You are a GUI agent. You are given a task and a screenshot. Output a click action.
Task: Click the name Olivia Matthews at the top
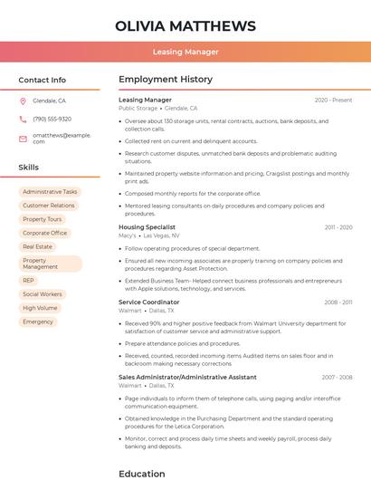click(185, 26)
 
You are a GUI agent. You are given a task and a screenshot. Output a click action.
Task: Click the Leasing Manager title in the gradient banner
click(185, 52)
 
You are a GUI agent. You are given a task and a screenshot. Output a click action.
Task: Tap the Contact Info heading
click(42, 80)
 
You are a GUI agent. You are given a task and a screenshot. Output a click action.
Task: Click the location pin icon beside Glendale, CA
click(24, 101)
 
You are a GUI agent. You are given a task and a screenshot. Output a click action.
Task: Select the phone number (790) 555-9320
click(52, 119)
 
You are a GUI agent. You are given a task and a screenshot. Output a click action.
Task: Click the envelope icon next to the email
click(24, 138)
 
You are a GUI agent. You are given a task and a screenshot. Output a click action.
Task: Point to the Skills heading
click(28, 168)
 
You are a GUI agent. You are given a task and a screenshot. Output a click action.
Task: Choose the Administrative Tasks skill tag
click(50, 192)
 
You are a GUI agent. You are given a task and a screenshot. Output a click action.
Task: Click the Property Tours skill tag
click(43, 219)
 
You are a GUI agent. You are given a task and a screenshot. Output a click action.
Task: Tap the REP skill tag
click(29, 281)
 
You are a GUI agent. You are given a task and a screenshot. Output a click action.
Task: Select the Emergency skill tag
click(38, 322)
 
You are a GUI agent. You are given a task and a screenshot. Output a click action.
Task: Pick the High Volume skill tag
click(40, 308)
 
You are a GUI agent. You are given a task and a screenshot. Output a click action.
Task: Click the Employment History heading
click(166, 80)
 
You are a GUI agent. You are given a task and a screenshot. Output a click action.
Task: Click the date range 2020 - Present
click(333, 100)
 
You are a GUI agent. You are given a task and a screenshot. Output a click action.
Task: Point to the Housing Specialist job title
click(147, 227)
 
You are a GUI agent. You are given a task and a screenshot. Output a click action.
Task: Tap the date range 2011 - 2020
click(338, 227)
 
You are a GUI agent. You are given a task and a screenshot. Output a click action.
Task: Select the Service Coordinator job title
click(149, 302)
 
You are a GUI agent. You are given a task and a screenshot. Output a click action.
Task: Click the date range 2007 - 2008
click(337, 377)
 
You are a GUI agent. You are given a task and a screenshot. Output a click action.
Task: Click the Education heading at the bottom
click(142, 473)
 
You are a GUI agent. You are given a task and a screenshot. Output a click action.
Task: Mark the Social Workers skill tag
click(43, 294)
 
